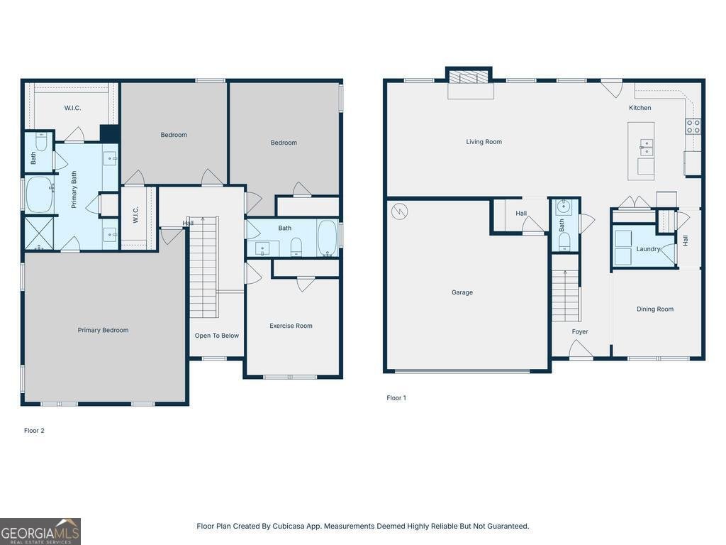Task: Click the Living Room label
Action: (x=484, y=142)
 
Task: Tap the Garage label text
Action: (x=462, y=292)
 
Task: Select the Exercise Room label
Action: (x=291, y=326)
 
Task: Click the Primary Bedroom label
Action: (x=103, y=330)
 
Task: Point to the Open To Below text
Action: (x=217, y=336)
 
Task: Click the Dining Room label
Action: (x=654, y=309)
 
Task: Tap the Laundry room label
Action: (x=648, y=249)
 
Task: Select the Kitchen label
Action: (x=640, y=108)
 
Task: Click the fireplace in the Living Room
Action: (x=469, y=78)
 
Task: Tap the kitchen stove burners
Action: (x=693, y=126)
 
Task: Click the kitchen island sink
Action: (x=646, y=147)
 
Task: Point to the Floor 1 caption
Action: (x=396, y=398)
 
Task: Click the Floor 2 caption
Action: (x=34, y=431)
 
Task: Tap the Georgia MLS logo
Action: (x=40, y=532)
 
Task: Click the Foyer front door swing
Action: (x=580, y=349)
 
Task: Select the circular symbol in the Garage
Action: (x=399, y=211)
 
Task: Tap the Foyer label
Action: (x=580, y=331)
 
